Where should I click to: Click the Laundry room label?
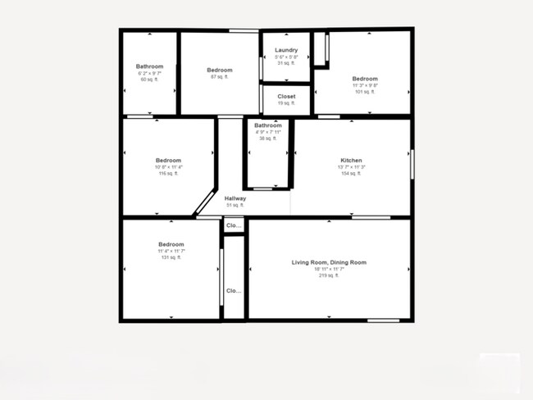coord(286,50)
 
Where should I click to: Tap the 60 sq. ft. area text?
coord(149,80)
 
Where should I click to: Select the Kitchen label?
coord(351,161)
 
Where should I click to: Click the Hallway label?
coord(235,198)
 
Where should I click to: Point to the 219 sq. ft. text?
coord(329,275)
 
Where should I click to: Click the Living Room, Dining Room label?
coord(329,262)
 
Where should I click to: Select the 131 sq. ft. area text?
coord(171,257)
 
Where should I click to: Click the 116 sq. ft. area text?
coord(168,174)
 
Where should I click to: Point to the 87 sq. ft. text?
coord(220,77)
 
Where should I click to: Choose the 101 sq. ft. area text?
coord(365,92)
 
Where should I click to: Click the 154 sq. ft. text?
coord(351,174)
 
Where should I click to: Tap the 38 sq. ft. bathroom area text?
coord(267,139)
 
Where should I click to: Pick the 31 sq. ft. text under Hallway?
coord(235,206)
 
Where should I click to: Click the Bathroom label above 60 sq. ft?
coord(149,66)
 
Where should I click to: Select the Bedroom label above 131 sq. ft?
coord(171,244)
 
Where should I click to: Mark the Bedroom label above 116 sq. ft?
coord(168,161)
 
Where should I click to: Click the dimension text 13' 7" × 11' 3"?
coord(351,167)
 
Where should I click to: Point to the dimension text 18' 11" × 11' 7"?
coord(329,269)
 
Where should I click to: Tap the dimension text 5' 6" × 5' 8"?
coord(286,57)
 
